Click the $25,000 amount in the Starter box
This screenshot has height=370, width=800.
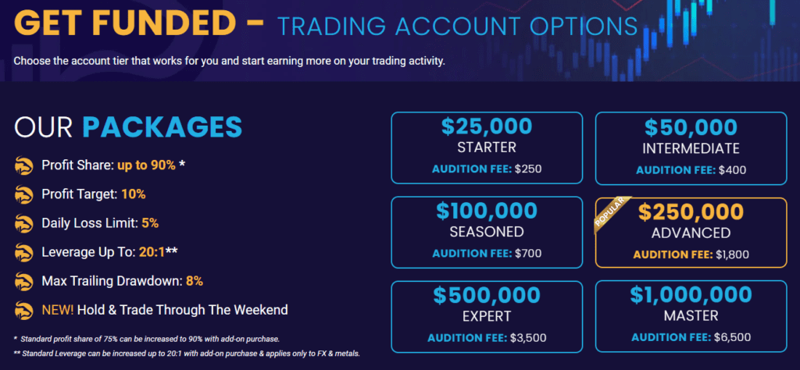487,127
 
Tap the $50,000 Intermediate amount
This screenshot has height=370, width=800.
691,127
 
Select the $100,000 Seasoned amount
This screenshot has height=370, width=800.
487,211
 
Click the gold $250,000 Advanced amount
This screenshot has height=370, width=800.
691,212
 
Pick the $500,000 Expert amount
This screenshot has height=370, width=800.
487,295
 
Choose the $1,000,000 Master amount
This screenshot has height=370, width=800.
691,294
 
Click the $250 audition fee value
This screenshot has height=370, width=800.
528,169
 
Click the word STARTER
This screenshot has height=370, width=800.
487,148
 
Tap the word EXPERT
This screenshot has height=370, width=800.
487,316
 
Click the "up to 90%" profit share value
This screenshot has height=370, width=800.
146,165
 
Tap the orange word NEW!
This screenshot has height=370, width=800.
58,309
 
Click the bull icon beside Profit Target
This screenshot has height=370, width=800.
24,194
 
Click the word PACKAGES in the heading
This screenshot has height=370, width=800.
162,127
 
